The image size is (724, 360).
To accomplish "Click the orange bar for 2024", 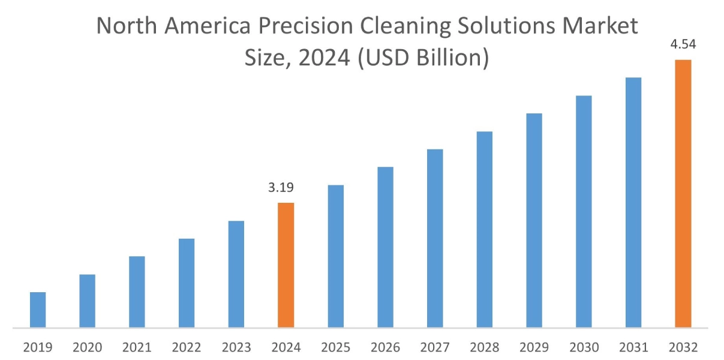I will [286, 265].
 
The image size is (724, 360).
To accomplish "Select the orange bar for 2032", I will [683, 194].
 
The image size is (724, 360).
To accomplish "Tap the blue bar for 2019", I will [38, 310].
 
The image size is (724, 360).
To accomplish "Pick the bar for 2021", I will [137, 292].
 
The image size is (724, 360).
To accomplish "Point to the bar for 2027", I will [435, 238].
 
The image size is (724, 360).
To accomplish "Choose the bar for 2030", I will [584, 211].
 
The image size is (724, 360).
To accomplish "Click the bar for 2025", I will [336, 256].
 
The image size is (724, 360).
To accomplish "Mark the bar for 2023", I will [236, 274].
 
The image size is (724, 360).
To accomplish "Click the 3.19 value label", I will [281, 188].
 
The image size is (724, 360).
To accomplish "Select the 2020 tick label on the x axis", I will [88, 347].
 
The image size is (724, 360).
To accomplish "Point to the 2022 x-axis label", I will [187, 347].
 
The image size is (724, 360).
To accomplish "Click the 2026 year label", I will [385, 347].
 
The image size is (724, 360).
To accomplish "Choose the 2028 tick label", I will [485, 347].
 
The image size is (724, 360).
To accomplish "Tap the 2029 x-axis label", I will [534, 347].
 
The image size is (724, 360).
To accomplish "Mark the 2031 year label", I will [633, 347].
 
